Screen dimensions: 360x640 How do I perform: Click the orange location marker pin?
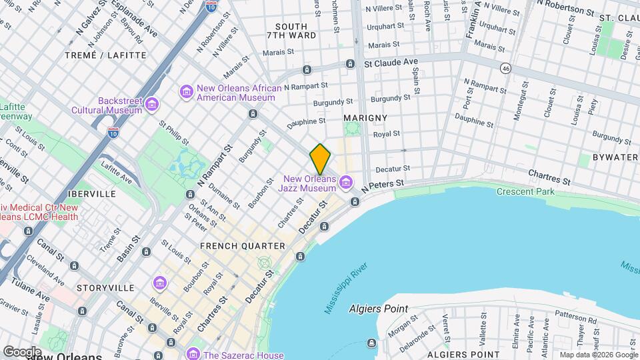320,159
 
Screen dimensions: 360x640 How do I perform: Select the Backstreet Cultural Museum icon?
153,105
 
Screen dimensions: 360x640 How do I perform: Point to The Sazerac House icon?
193,353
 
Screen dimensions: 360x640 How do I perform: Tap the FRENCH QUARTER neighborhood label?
233,246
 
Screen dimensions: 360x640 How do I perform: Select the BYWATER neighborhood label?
615,157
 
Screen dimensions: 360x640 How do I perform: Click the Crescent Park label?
525,192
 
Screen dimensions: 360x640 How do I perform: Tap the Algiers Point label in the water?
378,309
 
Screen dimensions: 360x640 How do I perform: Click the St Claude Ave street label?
391,61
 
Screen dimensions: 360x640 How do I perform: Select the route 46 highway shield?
507,68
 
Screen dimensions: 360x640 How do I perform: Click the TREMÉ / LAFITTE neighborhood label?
105,55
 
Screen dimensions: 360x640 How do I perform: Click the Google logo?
22,351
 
